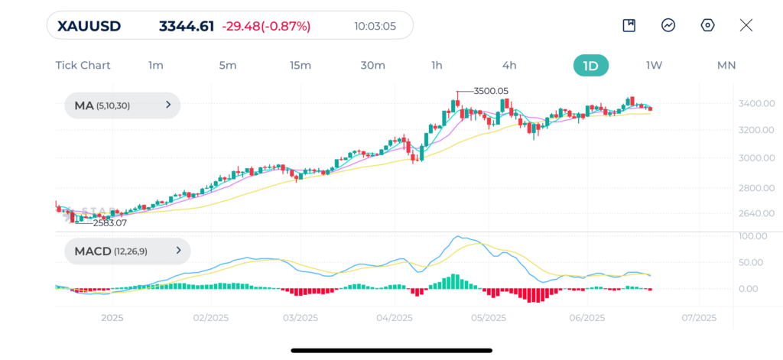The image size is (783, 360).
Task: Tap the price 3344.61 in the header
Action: coord(186,26)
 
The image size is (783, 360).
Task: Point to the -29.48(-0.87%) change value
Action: coord(266,26)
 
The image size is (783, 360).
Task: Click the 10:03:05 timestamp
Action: coord(375,26)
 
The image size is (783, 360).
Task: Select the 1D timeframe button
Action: coord(590,65)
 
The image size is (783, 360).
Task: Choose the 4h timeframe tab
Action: coord(509,65)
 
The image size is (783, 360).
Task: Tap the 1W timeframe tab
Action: coord(654,65)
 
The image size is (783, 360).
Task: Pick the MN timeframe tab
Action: coord(726,65)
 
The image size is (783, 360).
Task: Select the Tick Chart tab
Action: coord(83,65)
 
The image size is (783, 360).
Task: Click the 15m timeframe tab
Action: coord(301,65)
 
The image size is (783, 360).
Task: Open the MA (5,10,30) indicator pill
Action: coord(122,105)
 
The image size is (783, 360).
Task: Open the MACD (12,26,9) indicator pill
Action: coord(127,250)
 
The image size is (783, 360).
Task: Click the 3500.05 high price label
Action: coord(491,91)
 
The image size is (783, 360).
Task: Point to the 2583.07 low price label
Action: coord(110,223)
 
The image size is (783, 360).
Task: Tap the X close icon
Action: coord(746,25)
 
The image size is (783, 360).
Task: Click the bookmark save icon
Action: coord(629,25)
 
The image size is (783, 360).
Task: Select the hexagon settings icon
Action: coord(708,25)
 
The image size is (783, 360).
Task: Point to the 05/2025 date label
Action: coord(488,318)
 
